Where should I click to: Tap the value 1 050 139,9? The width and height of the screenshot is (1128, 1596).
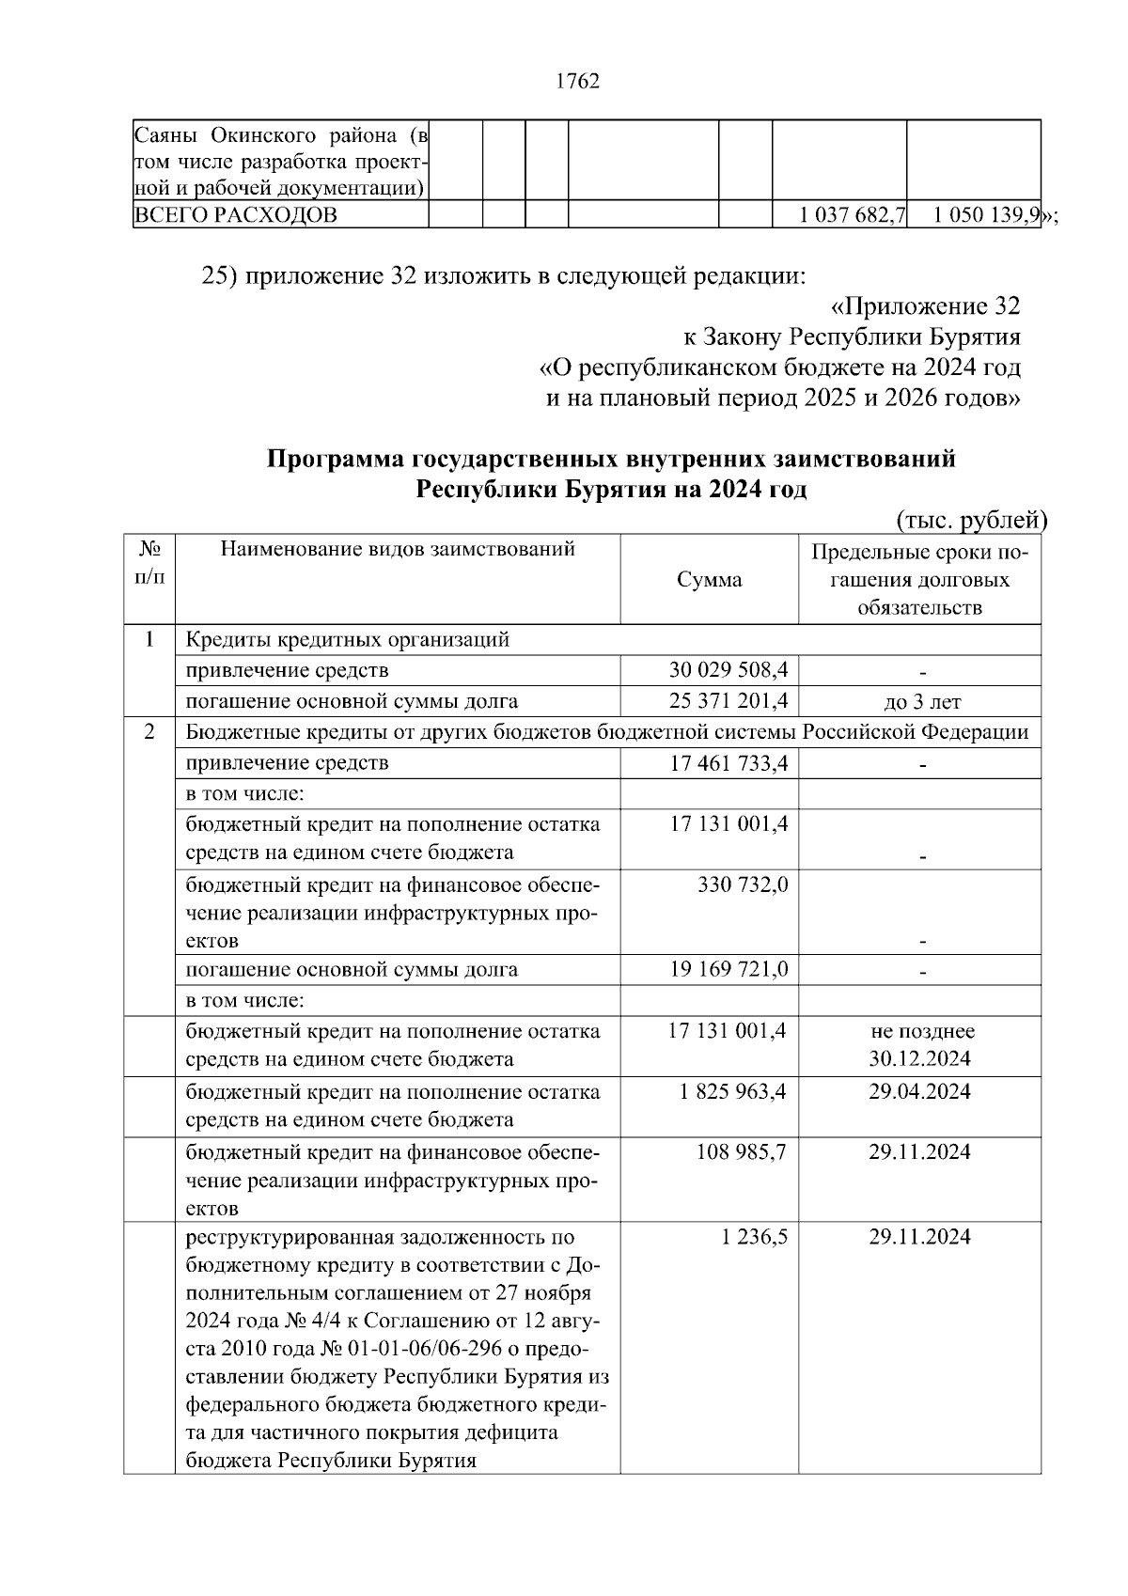coord(986,215)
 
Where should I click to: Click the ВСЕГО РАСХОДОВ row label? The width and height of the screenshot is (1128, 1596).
coord(236,215)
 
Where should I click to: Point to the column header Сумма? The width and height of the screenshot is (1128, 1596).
coord(709,580)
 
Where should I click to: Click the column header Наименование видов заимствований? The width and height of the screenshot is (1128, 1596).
coord(398,549)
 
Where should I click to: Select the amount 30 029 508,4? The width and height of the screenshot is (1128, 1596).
coord(728,670)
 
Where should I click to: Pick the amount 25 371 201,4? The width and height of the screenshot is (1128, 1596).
coord(728,701)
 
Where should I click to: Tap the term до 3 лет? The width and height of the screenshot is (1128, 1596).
coord(919,702)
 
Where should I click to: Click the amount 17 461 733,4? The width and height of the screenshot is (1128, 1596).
coord(728,763)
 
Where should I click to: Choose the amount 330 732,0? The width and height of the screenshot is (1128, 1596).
coord(743,884)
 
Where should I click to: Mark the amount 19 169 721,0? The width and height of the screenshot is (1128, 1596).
coord(728,969)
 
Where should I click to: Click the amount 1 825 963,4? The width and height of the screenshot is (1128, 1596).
coord(733,1092)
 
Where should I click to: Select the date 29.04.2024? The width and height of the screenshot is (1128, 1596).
coord(919,1092)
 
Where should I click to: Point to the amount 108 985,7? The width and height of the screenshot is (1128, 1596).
coord(741,1152)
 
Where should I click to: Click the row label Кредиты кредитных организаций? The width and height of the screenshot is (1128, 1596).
coord(348,640)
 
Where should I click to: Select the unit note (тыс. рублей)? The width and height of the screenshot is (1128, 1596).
coord(971,520)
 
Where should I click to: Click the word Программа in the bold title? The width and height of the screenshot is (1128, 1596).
coord(334,460)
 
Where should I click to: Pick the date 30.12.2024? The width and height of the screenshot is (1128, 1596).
coord(919,1059)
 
